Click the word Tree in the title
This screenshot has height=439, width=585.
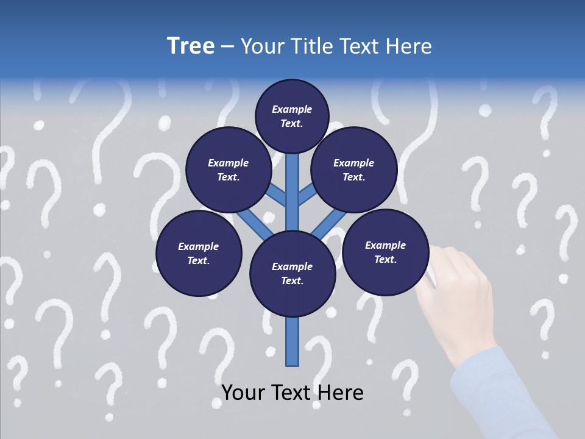click(x=191, y=46)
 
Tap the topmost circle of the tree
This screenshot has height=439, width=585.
click(x=292, y=116)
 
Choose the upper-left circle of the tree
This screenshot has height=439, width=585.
click(x=229, y=170)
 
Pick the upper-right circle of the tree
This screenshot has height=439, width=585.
click(x=354, y=170)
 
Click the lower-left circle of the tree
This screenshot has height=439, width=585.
click(x=199, y=254)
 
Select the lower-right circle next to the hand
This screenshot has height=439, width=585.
click(x=385, y=252)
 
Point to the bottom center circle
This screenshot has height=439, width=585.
click(x=292, y=274)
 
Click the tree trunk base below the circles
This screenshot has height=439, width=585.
click(x=292, y=341)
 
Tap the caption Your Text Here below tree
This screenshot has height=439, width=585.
click(x=292, y=393)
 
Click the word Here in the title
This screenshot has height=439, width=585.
click(x=410, y=46)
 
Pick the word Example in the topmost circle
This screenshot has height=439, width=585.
click(x=292, y=109)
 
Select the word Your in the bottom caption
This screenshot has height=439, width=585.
click(x=243, y=393)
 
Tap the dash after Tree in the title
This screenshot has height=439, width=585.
click(x=227, y=47)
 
